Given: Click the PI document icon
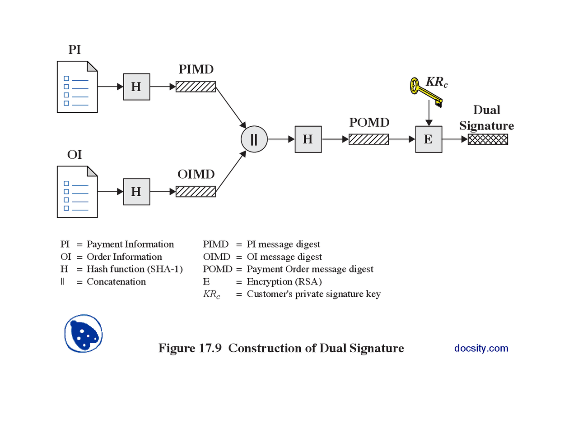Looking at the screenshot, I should point(77,87).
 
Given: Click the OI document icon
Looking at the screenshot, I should point(77,192).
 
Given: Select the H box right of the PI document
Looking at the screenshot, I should point(136,87).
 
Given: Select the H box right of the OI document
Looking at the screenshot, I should point(136,192).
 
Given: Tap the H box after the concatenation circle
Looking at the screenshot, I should point(308,139).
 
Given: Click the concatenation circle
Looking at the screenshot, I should point(254,139).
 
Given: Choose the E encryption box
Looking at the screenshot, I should point(429,139).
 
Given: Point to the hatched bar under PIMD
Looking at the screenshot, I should point(196,87).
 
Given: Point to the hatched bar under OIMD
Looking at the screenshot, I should point(196,192).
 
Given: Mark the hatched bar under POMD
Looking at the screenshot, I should point(368,139).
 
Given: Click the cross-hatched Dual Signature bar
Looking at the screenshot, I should point(488,139).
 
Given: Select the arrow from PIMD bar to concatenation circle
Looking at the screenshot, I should point(231,107).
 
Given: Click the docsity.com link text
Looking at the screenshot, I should point(481,348).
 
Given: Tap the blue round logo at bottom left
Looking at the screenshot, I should point(84,334).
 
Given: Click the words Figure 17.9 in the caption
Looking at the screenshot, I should point(190,348).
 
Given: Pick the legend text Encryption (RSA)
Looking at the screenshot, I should point(284,282).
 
